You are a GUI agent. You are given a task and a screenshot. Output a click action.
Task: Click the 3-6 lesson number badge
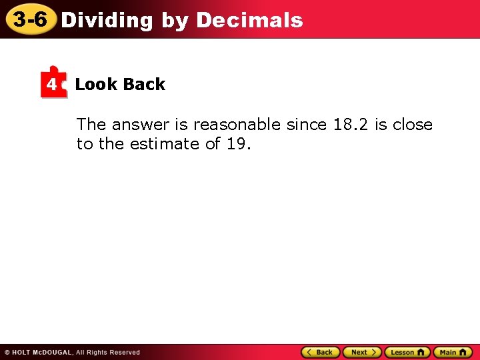[30, 19]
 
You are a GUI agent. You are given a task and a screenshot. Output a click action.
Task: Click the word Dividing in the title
[107, 20]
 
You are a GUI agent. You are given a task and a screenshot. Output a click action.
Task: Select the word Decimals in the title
[249, 20]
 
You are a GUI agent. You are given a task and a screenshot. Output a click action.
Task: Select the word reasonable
[237, 125]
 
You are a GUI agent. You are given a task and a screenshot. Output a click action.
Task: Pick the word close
[413, 125]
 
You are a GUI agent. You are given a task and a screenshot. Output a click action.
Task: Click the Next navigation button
[362, 352]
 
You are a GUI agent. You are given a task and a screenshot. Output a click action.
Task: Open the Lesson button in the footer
[407, 352]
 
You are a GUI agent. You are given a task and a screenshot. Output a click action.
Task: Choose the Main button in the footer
[453, 352]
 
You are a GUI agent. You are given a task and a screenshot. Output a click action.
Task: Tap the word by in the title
[175, 21]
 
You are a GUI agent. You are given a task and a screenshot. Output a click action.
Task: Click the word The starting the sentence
[91, 125]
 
